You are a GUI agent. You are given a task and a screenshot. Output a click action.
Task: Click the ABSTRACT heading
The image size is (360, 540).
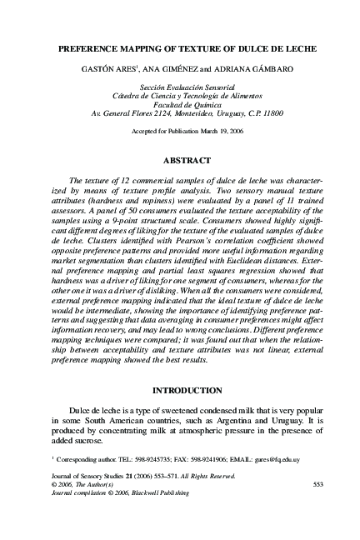[180, 160]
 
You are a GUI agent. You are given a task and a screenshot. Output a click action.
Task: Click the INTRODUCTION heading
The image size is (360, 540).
[180, 391]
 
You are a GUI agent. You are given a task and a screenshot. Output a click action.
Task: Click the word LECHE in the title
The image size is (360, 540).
[283, 49]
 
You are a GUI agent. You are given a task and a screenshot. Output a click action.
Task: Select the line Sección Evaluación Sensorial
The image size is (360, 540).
[180, 87]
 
